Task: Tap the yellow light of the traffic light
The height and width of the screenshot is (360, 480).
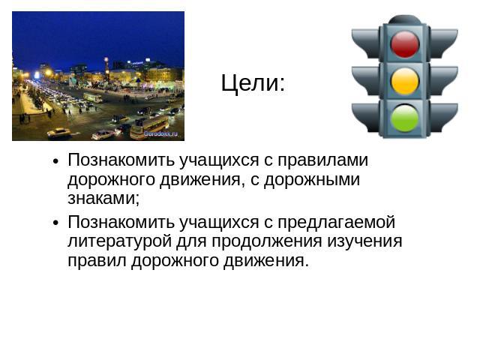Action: pos(405,81)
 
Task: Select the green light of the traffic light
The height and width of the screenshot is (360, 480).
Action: pos(405,118)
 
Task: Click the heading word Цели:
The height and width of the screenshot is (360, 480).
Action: pos(253,83)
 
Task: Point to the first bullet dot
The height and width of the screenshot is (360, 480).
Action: pos(55,161)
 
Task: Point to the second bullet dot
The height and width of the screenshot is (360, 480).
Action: pos(55,223)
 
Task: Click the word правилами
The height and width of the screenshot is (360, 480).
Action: pos(322,160)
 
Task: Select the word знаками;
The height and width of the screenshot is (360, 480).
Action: pos(103,198)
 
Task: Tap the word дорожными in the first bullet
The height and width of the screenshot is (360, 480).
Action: pos(312,180)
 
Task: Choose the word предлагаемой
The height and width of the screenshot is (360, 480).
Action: pos(336,223)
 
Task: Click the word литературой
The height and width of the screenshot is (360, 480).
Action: pos(119,241)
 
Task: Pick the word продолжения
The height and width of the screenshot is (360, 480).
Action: pos(267,241)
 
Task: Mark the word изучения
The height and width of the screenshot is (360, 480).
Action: pos(364,241)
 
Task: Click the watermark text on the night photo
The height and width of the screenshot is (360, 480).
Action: pos(160,133)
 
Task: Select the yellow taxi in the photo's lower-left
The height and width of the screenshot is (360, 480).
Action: pos(58,133)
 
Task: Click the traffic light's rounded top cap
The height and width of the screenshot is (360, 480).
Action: pos(405,19)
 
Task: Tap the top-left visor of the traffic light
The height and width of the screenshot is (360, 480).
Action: pos(365,43)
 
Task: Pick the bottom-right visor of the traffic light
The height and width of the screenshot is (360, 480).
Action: pos(444,118)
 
